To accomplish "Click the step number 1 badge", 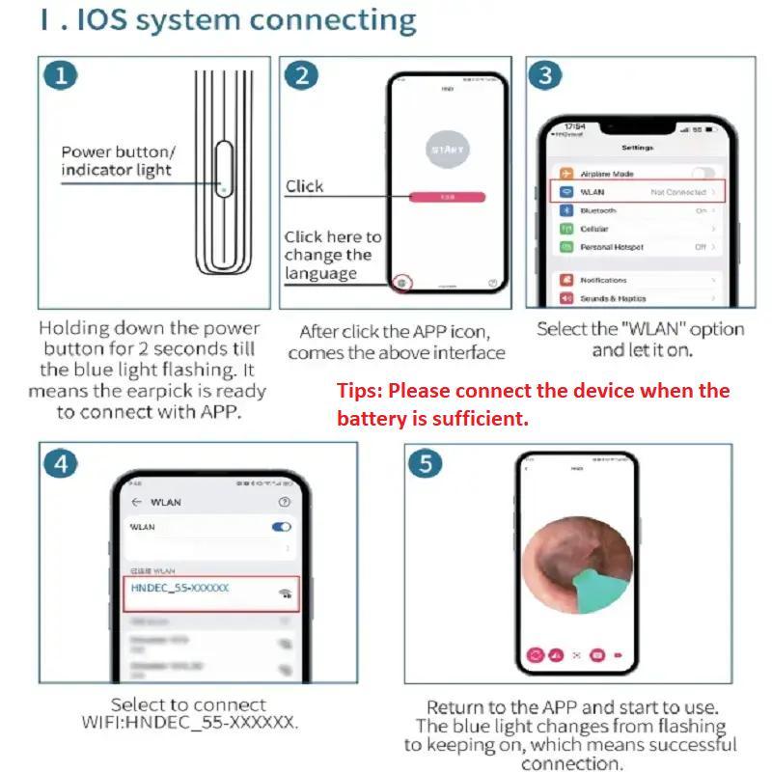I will coord(63,75).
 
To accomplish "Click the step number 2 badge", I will coord(303,75).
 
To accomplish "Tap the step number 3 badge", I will coord(547,75).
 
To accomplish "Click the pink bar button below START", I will coord(446,196).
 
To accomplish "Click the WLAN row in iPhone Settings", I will coord(637,192).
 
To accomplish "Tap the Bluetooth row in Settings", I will coord(637,210).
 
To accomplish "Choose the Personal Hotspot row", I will coord(637,247).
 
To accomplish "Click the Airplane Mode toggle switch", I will coord(703,174).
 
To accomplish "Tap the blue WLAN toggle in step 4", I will coord(282,527).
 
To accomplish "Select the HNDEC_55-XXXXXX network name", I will coord(179,588).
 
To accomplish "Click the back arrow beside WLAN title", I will coord(136,502).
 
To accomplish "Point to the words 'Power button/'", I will coord(118,152).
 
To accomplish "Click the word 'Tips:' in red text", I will coord(360,392).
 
